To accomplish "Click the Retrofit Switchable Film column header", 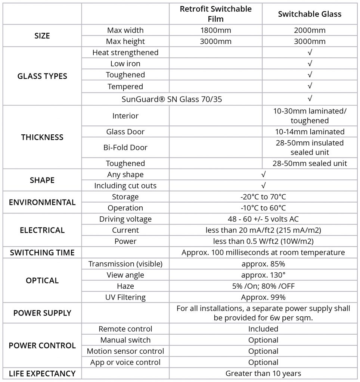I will point(215,14).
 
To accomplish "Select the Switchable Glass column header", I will point(310,14).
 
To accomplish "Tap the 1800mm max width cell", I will point(215,30).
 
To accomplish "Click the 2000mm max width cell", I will point(310,30).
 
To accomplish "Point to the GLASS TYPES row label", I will point(42,76).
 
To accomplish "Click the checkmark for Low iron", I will point(310,64).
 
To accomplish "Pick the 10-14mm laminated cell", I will point(310,132).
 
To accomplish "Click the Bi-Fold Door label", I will point(125,147).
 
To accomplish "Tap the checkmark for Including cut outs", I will point(263,186).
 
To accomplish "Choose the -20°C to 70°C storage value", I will point(263,197).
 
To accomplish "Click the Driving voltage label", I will point(125,219).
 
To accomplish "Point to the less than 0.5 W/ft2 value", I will point(263,241).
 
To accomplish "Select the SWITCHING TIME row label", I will point(42,253).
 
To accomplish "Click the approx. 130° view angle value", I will point(263,275).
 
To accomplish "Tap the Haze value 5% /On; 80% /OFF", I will point(263,286).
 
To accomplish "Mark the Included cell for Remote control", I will point(263,329).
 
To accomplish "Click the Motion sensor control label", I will point(125,351).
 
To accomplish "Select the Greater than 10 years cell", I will point(263,373).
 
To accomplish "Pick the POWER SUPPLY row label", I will point(42,313).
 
